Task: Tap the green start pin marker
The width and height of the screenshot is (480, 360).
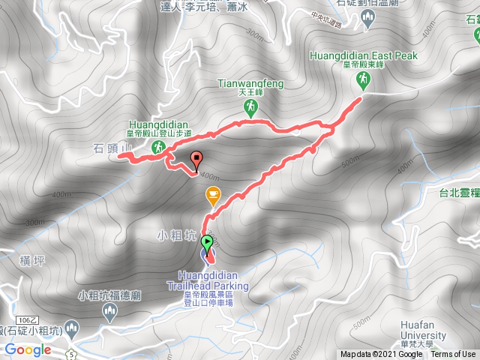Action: [x=207, y=243]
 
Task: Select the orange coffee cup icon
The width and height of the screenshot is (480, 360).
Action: [x=213, y=196]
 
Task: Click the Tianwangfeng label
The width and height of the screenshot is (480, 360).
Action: [x=250, y=84]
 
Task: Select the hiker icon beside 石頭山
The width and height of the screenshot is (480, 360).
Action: [x=157, y=149]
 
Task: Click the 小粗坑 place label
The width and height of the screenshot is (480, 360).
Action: [x=178, y=234]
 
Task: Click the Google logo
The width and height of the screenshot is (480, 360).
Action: [x=27, y=349]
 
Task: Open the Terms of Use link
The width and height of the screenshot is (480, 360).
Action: [x=453, y=355]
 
